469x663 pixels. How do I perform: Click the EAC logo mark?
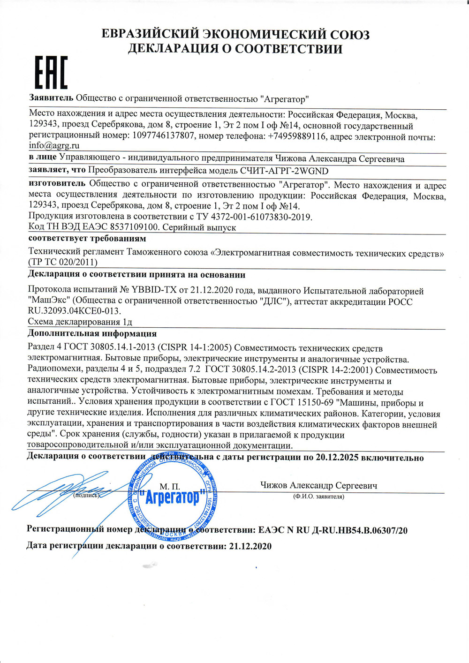coord(51,72)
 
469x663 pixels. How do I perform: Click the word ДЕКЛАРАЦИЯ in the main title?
coord(174,49)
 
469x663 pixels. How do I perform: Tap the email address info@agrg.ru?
coord(54,146)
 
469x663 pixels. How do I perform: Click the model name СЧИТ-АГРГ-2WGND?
coord(284,171)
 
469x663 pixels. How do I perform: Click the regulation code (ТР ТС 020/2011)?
coord(63,262)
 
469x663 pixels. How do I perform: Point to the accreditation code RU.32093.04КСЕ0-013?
coord(74,311)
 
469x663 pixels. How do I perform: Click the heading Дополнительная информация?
coord(92,334)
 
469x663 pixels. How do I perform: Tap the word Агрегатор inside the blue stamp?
coord(173,497)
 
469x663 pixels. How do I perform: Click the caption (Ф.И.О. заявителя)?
coord(318,496)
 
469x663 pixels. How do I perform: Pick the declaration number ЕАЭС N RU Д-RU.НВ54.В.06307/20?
coord(333,530)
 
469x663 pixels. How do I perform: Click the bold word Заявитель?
coord(51,98)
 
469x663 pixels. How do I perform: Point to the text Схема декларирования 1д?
coord(80,322)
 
